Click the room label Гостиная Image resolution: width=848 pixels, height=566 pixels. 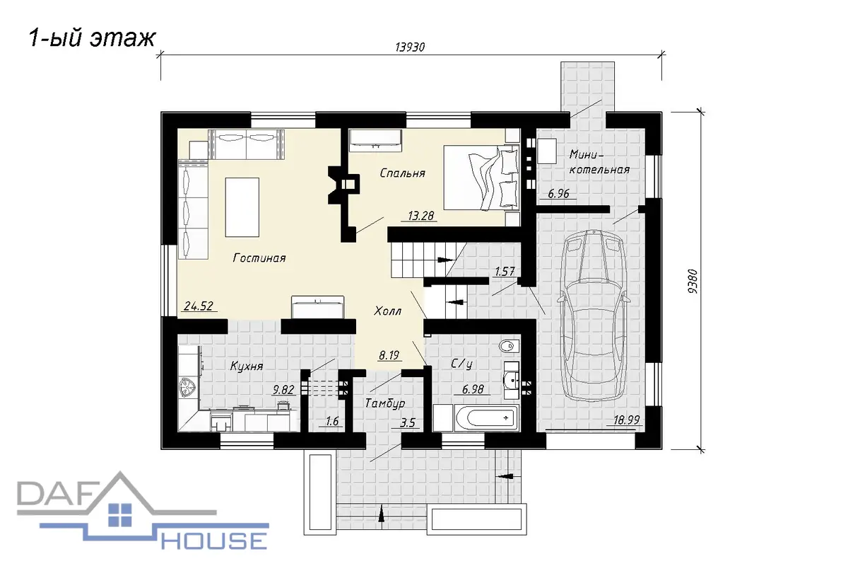point(259,258)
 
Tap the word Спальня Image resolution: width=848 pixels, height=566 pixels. point(402,173)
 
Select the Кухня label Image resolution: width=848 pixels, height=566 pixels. point(247,366)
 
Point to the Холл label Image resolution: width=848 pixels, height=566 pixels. point(388,311)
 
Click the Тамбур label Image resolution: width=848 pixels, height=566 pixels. point(385,403)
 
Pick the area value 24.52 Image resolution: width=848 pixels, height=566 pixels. point(199,306)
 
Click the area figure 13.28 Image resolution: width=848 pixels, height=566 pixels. point(420,216)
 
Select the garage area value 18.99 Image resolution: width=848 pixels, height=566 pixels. point(627,420)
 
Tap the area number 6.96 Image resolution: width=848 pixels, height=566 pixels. point(559,194)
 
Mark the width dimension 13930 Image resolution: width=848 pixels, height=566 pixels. point(411,47)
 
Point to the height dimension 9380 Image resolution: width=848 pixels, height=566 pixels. point(693,282)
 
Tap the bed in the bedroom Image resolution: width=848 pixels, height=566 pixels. point(481,178)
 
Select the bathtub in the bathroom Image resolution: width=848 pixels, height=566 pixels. point(488,418)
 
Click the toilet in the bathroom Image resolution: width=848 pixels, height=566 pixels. point(508,346)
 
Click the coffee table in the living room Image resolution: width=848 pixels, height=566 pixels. point(242,207)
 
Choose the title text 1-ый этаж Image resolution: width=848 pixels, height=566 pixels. point(92,38)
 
